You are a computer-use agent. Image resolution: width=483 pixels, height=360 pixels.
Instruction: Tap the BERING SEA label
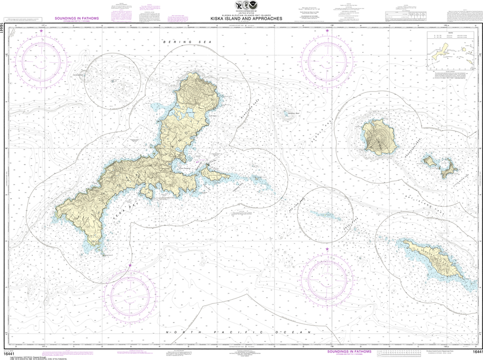(x=178, y=42)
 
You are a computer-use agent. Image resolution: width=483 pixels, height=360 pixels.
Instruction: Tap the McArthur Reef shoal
(x=286, y=113)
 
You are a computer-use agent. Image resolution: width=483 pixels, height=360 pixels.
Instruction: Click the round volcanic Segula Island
(x=379, y=137)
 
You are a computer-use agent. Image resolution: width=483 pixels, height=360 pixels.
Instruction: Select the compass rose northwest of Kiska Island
(x=42, y=61)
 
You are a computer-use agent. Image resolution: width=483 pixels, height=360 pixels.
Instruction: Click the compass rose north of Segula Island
(x=327, y=61)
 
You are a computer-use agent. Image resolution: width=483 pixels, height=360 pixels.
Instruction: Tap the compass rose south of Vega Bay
(x=130, y=296)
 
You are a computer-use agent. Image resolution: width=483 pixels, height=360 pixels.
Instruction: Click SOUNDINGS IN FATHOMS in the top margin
(x=76, y=18)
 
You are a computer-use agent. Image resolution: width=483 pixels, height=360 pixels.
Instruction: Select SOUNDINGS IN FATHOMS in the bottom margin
(x=350, y=352)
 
